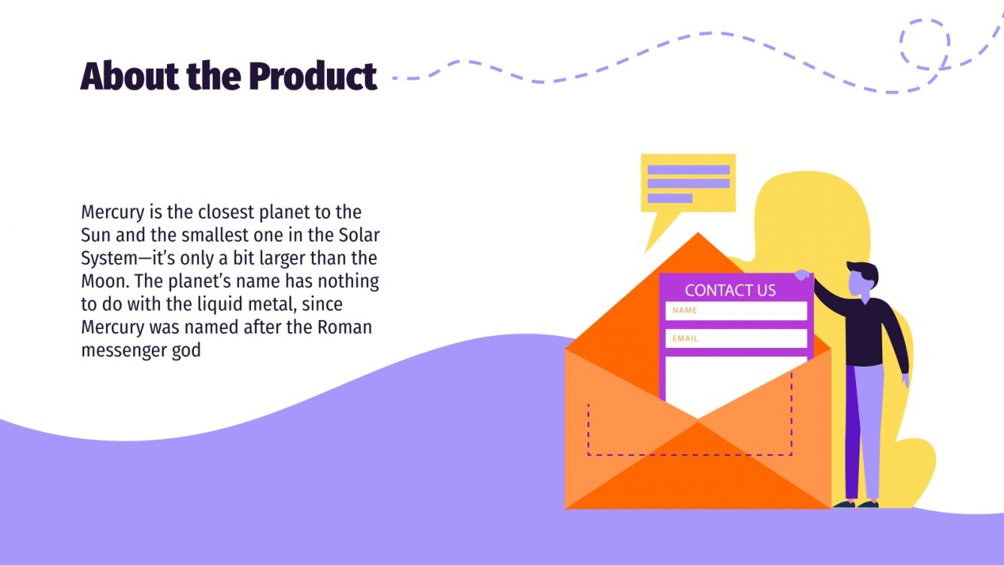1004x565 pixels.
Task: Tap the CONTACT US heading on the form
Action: click(x=730, y=291)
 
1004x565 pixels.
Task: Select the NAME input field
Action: click(x=736, y=310)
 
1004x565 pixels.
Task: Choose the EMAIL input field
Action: click(x=736, y=338)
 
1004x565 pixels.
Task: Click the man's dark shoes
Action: click(x=857, y=504)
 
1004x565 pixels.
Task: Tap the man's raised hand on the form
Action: click(x=803, y=275)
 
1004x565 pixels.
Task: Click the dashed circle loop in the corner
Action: click(x=925, y=44)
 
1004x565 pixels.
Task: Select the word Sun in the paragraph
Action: click(x=95, y=234)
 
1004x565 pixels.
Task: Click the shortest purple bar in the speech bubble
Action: click(x=670, y=198)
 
